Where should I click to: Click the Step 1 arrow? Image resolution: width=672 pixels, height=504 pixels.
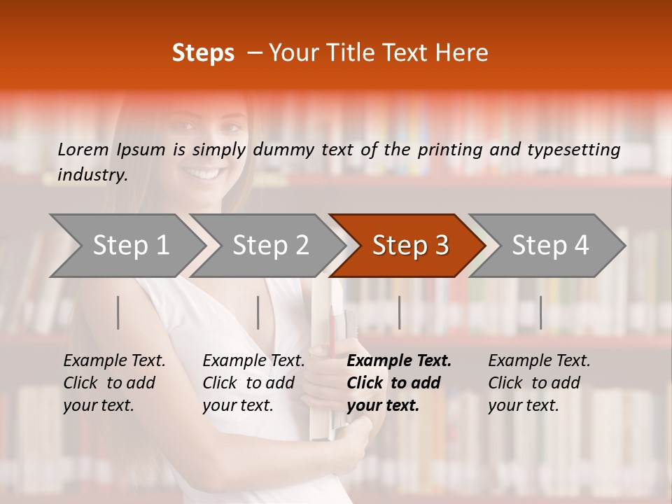click(x=131, y=246)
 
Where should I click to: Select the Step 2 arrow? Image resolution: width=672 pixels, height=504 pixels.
click(x=270, y=246)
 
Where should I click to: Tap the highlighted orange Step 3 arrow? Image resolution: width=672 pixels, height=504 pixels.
click(x=410, y=246)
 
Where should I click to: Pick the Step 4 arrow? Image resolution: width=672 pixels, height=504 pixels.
click(x=550, y=246)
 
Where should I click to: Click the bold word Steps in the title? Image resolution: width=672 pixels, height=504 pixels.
click(x=203, y=52)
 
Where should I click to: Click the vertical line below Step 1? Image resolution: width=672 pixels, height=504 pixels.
click(x=118, y=312)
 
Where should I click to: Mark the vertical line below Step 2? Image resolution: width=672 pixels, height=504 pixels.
click(x=258, y=312)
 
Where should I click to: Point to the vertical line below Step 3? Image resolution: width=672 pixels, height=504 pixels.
click(x=399, y=312)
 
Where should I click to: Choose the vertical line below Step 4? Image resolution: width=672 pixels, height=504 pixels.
click(x=540, y=312)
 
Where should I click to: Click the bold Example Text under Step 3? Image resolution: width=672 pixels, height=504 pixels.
click(x=399, y=361)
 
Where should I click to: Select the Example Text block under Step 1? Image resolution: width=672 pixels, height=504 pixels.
click(x=114, y=383)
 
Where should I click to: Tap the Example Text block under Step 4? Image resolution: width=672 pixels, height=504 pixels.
click(x=539, y=383)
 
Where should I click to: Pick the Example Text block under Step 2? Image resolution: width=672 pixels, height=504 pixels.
click(x=253, y=383)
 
